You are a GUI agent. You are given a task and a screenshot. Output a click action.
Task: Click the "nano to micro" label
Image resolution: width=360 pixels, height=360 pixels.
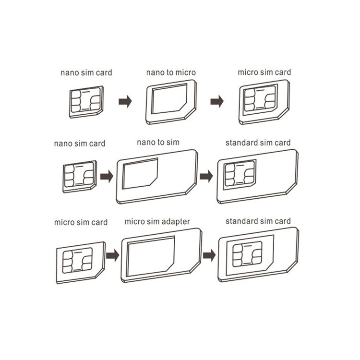pos(171,72)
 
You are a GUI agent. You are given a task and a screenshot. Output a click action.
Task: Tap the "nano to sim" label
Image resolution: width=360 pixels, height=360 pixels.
pos(158,143)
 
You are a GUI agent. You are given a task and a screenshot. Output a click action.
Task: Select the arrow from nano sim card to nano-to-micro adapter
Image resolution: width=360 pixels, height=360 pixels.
pos(125,101)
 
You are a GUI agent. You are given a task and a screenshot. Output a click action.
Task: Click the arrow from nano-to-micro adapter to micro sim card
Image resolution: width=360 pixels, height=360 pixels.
pos(217,101)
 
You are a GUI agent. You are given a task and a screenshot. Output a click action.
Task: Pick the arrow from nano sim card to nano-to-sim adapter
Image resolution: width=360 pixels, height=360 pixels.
pos(107,176)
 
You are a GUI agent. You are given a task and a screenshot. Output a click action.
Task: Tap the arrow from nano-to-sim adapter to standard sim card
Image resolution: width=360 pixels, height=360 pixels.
pos(206,176)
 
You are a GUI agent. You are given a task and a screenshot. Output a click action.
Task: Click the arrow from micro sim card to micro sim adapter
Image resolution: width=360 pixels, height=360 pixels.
pos(112,255)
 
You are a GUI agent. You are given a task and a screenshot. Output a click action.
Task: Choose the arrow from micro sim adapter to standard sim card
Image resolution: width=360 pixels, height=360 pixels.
pos(209,255)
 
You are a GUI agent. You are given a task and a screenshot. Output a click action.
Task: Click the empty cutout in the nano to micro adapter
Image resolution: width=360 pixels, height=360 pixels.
pos(169,99)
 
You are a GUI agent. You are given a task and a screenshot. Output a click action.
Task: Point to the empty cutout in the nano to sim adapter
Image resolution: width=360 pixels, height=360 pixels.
pos(140,174)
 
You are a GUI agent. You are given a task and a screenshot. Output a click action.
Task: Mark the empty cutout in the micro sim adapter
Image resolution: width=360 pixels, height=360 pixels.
pos(151,256)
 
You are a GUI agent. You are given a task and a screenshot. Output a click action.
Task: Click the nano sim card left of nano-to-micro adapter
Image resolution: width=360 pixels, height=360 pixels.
pos(86,102)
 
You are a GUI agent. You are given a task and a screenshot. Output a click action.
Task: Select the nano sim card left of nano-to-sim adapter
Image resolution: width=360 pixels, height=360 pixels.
pos(80,177)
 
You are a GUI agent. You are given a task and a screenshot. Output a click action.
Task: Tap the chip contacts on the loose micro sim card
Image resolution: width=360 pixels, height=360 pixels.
pos(77,260)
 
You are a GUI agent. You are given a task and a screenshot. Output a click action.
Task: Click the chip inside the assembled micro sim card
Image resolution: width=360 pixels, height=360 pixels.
pos(260,98)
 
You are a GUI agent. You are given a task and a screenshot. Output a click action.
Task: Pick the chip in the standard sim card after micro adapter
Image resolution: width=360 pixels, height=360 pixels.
pos(247,254)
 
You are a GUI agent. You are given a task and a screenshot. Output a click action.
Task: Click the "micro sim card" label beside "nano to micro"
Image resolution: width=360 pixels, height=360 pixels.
pos(264,72)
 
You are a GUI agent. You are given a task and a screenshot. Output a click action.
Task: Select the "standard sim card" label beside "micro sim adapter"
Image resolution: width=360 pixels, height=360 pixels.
pos(258,221)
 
